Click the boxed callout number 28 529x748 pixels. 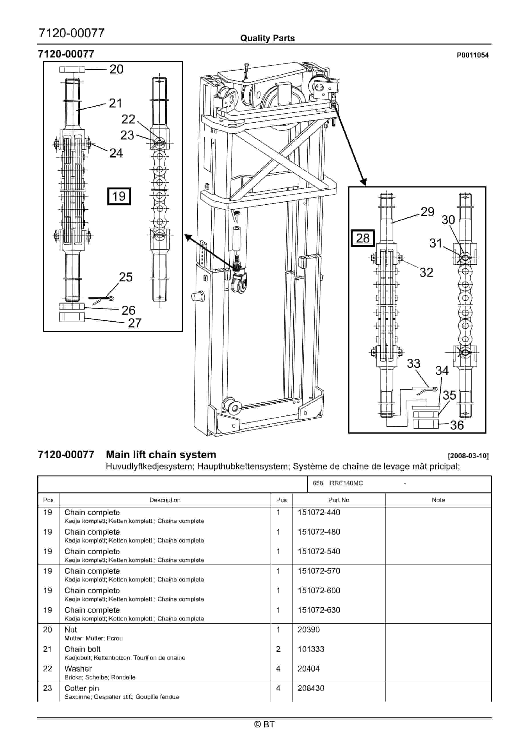363,238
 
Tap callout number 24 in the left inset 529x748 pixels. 116,153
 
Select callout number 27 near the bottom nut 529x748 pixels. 134,323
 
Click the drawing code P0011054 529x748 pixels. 473,55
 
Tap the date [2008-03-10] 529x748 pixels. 468,456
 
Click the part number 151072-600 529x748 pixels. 319,590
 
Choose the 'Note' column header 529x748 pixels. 438,500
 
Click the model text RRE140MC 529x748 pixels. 346,483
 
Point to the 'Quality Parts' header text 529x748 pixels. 267,38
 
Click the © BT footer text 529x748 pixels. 264,724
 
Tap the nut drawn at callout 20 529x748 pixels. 72,69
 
